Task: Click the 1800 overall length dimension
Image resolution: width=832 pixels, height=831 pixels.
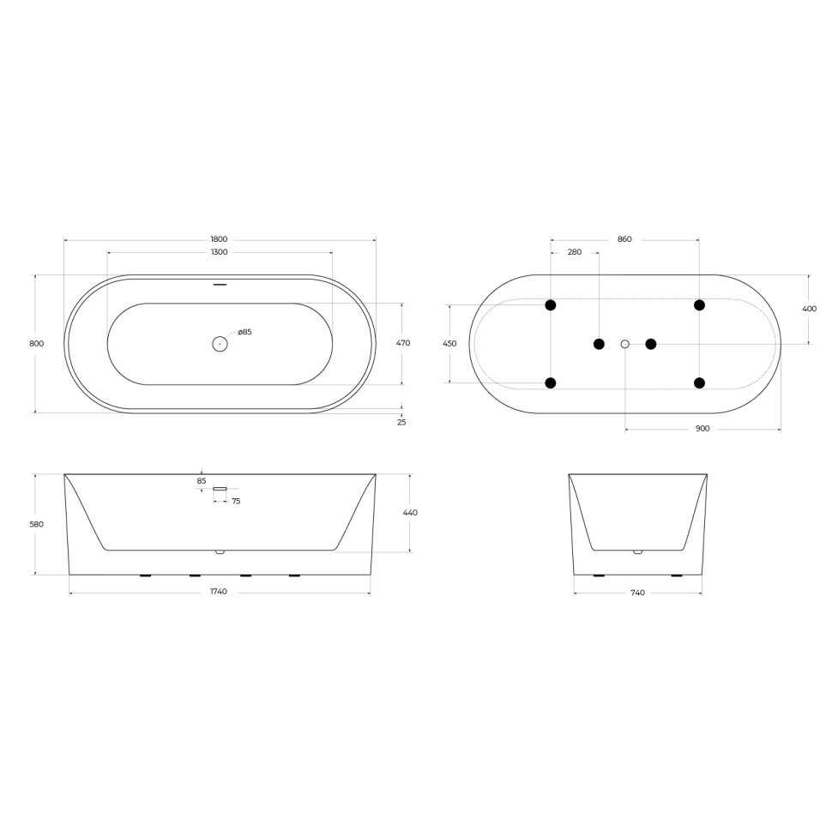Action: [219, 239]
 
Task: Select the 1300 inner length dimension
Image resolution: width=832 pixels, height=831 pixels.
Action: [219, 252]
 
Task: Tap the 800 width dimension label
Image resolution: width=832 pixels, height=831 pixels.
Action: [36, 343]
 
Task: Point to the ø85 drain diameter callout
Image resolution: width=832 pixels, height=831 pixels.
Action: [244, 332]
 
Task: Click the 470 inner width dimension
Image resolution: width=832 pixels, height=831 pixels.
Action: [403, 343]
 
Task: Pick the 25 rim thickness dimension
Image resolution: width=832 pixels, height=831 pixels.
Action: [401, 422]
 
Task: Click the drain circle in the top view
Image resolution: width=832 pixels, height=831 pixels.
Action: [220, 344]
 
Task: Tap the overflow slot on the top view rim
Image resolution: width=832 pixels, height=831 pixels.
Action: [220, 284]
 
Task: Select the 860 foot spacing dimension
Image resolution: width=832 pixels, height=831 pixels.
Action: [624, 239]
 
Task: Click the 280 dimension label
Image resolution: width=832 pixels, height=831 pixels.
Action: [575, 252]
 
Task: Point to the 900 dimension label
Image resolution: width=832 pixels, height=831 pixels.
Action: [702, 428]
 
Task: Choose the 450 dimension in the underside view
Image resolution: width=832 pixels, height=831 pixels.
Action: [449, 343]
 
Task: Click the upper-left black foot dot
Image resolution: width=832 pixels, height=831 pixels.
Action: [551, 305]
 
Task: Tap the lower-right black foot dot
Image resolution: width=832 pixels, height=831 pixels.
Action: [699, 382]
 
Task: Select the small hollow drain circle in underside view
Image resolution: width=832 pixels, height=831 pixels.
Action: [624, 344]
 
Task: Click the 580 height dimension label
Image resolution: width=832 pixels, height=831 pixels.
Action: [36, 524]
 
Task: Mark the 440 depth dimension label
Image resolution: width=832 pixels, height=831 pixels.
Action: [410, 513]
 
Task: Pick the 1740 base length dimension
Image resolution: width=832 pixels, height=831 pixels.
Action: [219, 592]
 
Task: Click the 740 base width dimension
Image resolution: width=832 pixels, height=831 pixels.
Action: [637, 592]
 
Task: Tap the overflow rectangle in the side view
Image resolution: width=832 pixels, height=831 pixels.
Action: [220, 489]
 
